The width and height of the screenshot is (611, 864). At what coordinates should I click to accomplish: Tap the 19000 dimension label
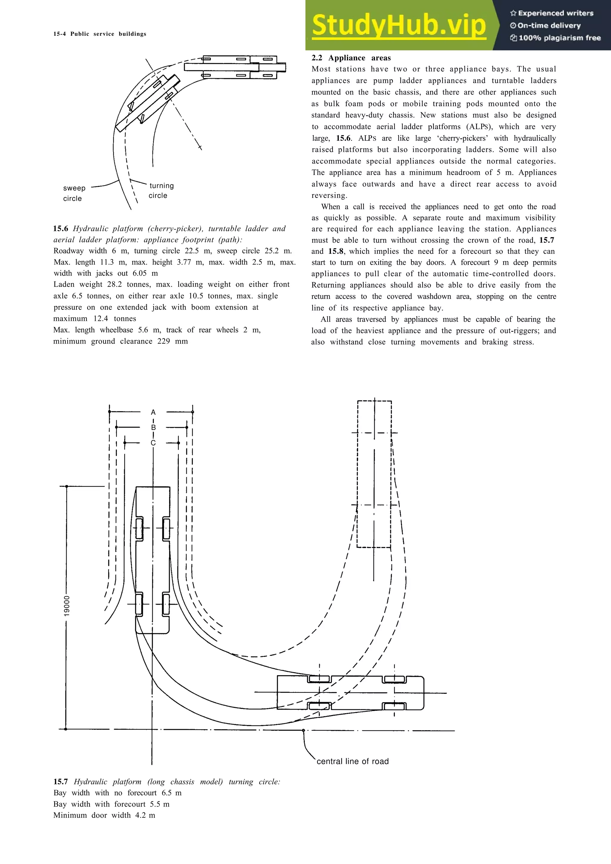click(67, 606)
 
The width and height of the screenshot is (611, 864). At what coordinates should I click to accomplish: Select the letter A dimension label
click(153, 412)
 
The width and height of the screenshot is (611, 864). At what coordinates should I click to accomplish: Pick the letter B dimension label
click(153, 428)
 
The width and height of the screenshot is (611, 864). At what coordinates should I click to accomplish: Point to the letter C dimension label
click(153, 443)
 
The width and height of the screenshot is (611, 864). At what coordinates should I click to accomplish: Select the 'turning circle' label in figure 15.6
click(161, 191)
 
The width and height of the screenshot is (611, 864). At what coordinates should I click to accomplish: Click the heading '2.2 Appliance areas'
click(351, 58)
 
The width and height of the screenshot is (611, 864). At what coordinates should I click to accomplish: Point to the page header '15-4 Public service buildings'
click(100, 34)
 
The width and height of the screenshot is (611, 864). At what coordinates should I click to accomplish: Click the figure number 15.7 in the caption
click(60, 782)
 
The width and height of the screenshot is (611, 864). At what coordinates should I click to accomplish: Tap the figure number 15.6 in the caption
click(60, 229)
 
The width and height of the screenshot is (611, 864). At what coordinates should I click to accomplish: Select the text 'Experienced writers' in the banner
click(555, 13)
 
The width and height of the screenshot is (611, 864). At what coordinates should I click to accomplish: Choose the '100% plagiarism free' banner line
click(559, 38)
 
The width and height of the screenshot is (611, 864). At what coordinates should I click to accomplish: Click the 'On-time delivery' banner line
click(549, 26)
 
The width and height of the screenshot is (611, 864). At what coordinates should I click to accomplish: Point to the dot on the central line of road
click(303, 730)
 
